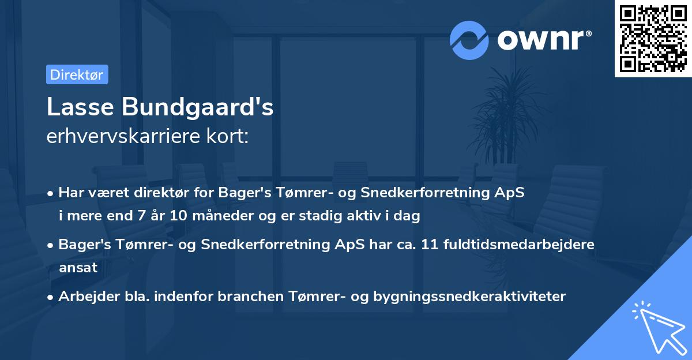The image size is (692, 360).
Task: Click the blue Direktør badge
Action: pyautogui.click(x=77, y=74)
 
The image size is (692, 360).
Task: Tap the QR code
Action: pyautogui.click(x=653, y=39)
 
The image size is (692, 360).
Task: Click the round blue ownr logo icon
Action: pyautogui.click(x=468, y=40)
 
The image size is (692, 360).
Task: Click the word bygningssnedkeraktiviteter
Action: pyautogui.click(x=469, y=297)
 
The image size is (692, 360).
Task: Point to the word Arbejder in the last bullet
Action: pyautogui.click(x=84, y=297)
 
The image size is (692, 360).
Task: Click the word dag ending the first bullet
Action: pyautogui.click(x=408, y=216)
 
